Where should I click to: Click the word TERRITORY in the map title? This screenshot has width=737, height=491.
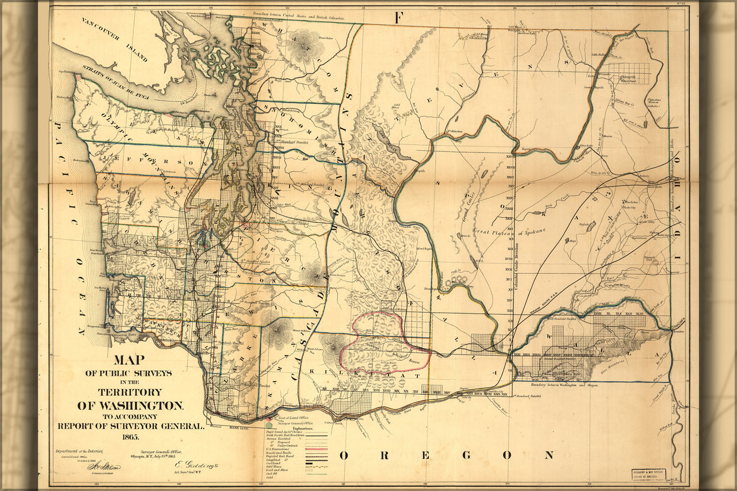coord(130,392)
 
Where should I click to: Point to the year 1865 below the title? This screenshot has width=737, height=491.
coord(130,436)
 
